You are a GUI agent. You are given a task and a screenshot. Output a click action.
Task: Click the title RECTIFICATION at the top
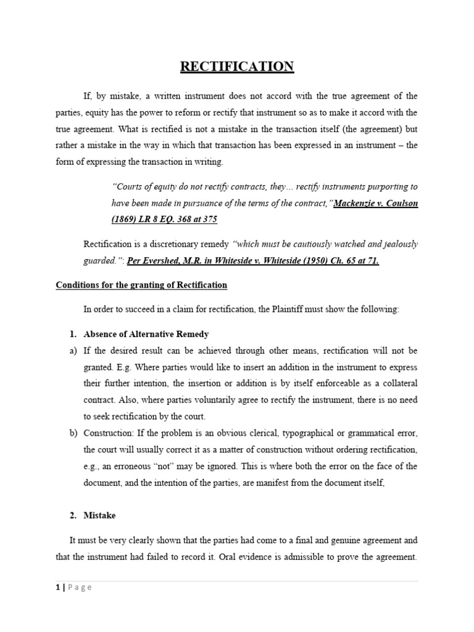(x=237, y=67)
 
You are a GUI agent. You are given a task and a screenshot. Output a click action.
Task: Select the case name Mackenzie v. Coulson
(x=375, y=203)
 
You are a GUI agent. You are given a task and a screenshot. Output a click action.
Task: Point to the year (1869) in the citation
(x=128, y=219)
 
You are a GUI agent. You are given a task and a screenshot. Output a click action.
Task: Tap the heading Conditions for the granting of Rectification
(x=141, y=285)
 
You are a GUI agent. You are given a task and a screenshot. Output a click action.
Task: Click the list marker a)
(x=73, y=351)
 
